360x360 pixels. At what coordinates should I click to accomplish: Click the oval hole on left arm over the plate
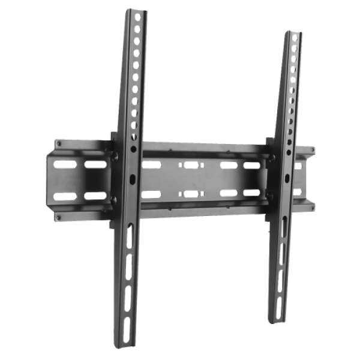coord(132,179)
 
